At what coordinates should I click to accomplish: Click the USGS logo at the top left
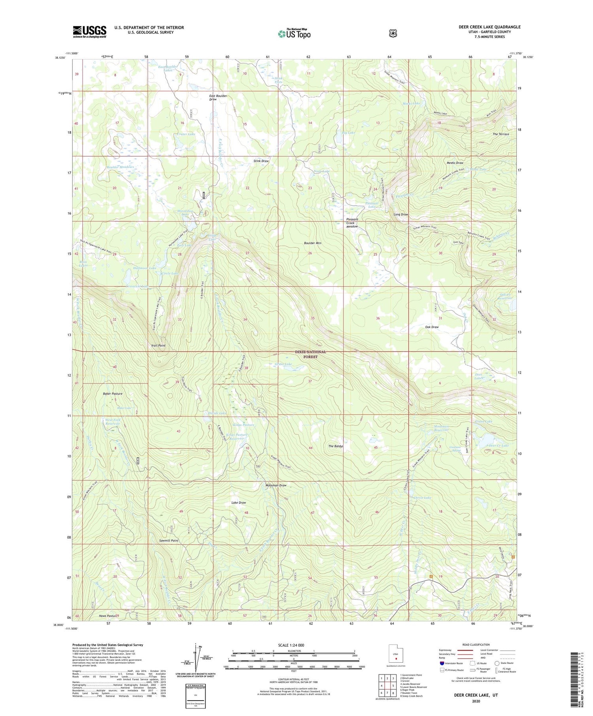click(x=89, y=32)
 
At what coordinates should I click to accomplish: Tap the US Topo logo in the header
click(x=294, y=33)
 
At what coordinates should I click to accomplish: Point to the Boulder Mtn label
click(x=312, y=243)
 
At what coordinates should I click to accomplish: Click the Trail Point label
click(x=158, y=346)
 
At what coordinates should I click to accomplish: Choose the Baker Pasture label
click(x=113, y=394)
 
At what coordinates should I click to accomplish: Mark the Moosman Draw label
click(x=276, y=485)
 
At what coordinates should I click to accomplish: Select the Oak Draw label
click(x=432, y=327)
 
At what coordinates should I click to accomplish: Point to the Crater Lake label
click(x=186, y=134)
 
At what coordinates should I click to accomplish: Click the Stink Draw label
click(x=261, y=161)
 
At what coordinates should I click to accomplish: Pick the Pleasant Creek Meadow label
click(x=352, y=223)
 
